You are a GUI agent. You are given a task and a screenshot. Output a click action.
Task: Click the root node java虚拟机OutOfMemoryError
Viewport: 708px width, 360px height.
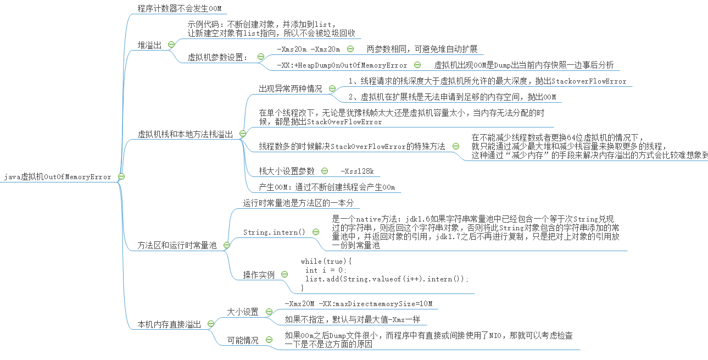point(57,177)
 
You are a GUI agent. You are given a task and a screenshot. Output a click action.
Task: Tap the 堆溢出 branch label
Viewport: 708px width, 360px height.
point(149,45)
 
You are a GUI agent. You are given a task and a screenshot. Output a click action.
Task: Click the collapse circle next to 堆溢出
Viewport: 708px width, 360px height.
point(171,45)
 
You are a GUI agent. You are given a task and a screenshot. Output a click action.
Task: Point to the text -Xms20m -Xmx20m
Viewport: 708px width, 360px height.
point(308,49)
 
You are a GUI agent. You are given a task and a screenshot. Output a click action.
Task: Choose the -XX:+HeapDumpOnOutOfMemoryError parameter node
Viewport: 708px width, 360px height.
point(342,65)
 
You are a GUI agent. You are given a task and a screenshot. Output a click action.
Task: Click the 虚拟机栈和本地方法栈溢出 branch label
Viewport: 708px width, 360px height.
point(185,134)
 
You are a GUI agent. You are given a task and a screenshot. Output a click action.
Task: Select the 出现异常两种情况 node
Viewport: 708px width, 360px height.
point(291,88)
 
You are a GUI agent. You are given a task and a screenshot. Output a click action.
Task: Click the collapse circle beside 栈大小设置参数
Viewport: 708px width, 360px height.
point(324,171)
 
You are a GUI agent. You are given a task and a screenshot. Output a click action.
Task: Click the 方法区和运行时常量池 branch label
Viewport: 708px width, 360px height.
point(177,246)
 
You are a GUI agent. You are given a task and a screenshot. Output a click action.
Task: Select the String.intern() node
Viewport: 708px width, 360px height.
point(274,232)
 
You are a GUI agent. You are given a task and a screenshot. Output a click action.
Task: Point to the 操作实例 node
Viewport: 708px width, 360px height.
point(259,275)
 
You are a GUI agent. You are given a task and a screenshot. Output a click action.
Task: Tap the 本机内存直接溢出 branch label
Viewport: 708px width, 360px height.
point(169,325)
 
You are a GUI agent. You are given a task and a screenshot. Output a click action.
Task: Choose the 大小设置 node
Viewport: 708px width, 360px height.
point(243,312)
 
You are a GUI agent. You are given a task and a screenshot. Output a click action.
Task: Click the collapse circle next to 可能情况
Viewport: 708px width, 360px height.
point(269,340)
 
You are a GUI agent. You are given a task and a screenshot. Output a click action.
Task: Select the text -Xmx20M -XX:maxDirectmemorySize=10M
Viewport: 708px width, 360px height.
point(358,303)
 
